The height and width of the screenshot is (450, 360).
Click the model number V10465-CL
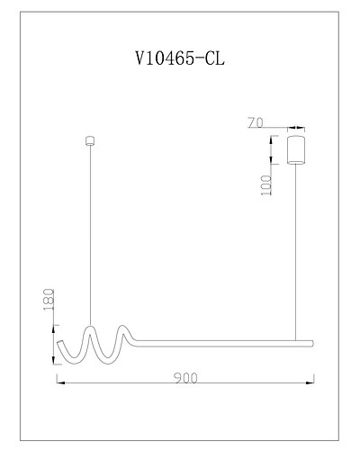[180, 58]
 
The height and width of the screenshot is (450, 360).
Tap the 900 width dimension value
[185, 378]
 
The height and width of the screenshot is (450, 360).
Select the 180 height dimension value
[49, 300]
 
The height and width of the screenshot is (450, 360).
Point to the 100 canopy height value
[266, 185]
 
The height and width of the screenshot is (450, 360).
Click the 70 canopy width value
[256, 122]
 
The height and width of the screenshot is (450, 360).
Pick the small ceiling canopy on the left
[90, 141]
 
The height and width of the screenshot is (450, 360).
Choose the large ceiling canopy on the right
[296, 149]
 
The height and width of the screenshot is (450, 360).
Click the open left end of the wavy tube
[59, 343]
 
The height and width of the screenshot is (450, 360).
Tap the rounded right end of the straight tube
[311, 343]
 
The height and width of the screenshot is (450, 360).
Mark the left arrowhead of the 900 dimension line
[60, 382]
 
